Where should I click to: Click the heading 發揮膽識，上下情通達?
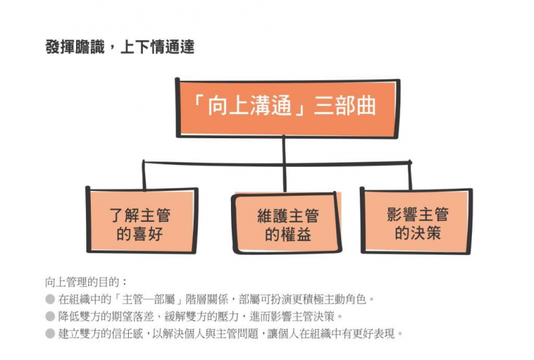point(120,47)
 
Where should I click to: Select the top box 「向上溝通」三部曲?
point(288,108)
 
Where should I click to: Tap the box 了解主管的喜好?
point(142,220)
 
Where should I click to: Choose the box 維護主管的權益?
point(287,224)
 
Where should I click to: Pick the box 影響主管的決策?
point(416,221)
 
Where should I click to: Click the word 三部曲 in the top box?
point(345,106)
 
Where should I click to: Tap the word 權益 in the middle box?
point(296,234)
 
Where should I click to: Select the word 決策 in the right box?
point(426,232)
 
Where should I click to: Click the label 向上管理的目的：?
point(87,283)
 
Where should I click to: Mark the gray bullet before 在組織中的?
point(50,299)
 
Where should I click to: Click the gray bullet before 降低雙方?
point(50,317)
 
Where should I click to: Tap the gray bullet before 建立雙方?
point(50,333)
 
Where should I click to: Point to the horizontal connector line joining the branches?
point(277,163)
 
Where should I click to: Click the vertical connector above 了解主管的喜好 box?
point(144,175)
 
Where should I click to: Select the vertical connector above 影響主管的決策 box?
point(410,176)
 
